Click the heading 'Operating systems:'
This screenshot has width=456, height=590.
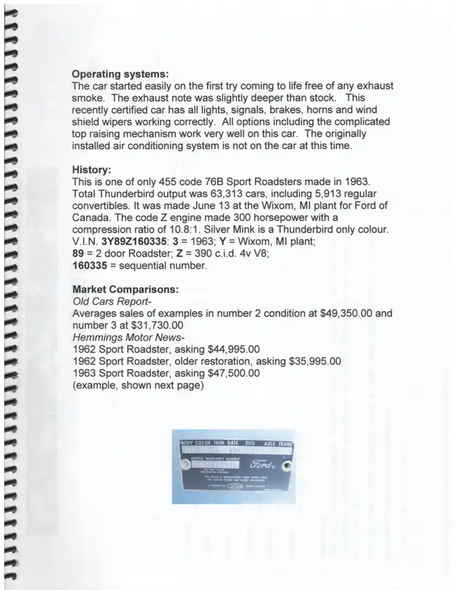click(x=120, y=73)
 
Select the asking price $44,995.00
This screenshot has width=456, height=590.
click(x=223, y=349)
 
